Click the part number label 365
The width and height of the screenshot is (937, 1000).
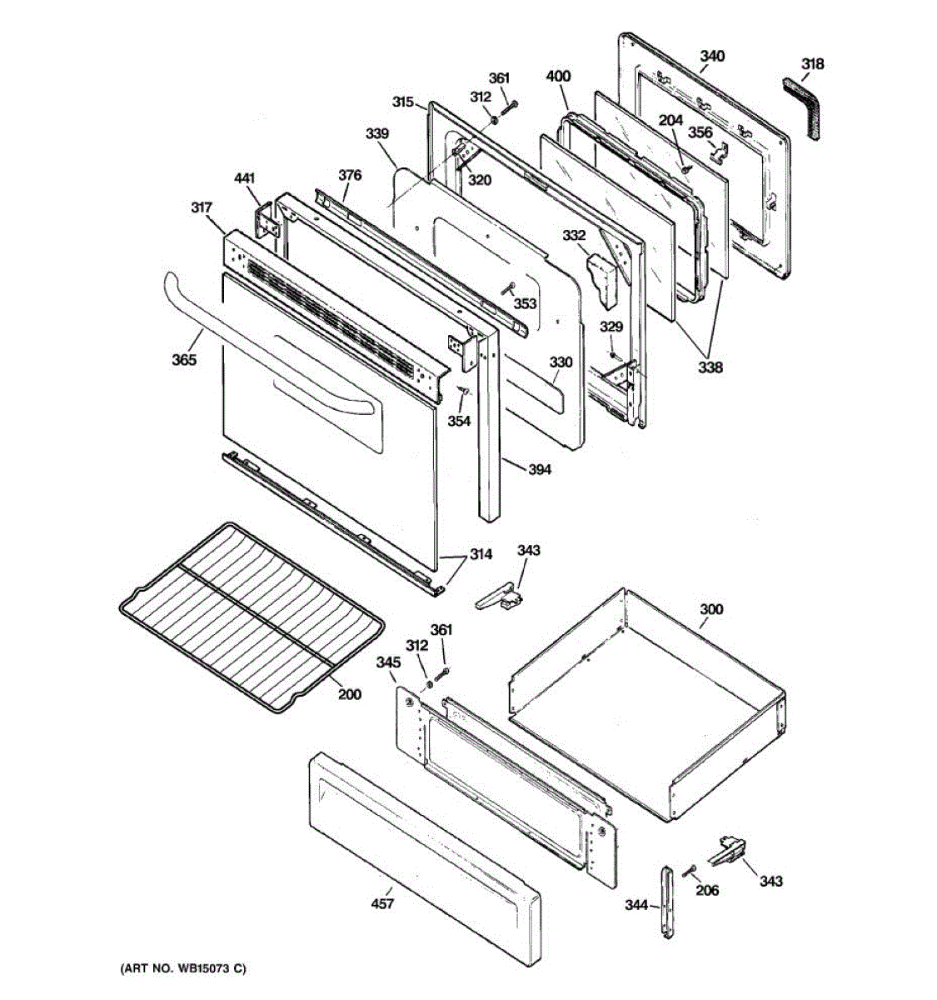pos(184,360)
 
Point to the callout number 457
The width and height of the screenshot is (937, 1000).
pos(382,903)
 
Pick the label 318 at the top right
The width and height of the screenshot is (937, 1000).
pos(812,64)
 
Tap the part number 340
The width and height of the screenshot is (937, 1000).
pos(711,57)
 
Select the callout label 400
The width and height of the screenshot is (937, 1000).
pos(558,77)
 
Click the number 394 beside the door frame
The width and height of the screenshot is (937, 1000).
pos(540,470)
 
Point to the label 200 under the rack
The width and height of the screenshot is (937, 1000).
pos(350,693)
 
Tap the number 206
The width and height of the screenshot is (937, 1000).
pos(706,890)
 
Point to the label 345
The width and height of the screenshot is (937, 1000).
pos(387,662)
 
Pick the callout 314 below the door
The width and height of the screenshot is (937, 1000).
pos(480,554)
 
